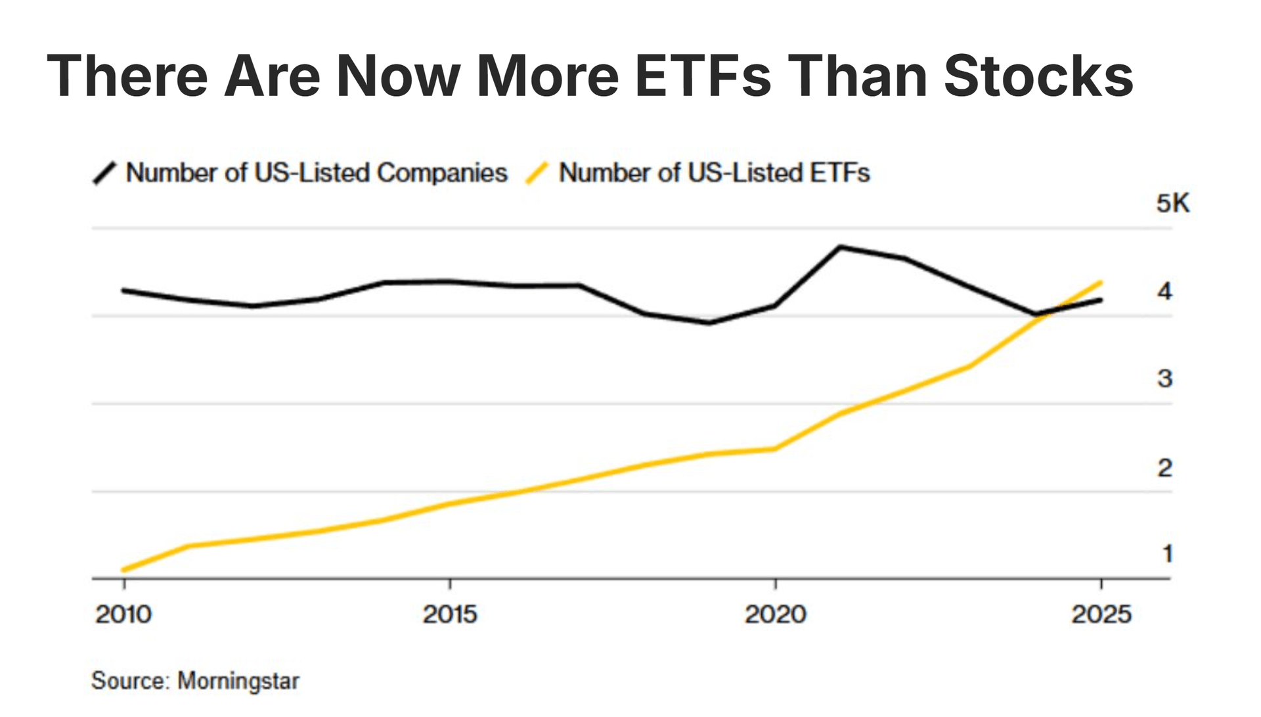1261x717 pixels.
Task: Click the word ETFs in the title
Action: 703,76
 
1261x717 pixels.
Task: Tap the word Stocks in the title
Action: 1038,76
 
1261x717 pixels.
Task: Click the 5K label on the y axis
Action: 1172,203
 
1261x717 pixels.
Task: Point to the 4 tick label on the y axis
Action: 1164,290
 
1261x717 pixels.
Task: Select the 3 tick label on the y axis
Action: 1164,379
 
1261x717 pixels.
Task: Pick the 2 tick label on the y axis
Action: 1164,468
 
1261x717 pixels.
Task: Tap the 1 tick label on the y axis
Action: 1167,554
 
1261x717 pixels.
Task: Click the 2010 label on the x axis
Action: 123,614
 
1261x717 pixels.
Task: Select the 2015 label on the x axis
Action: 450,614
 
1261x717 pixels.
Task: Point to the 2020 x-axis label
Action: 776,614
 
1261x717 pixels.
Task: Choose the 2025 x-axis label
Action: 1101,614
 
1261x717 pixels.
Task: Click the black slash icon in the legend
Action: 104,173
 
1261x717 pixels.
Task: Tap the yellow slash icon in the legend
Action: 537,173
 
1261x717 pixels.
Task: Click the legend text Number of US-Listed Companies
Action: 317,173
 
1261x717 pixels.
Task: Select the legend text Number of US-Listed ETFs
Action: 714,173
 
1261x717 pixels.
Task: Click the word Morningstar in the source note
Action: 238,681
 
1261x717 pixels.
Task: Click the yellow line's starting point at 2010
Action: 124,570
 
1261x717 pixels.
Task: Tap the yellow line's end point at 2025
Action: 1101,283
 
